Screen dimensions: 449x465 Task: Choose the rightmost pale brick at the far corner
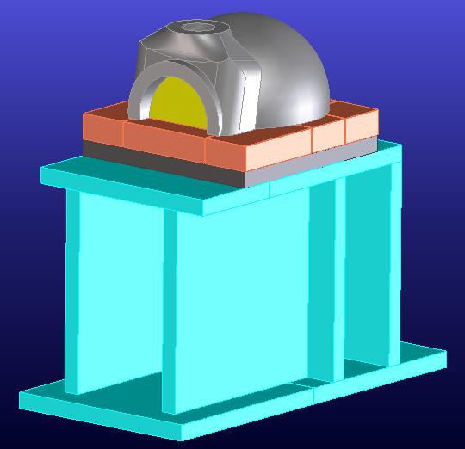[363, 127]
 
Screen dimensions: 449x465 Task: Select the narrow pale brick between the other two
[327, 136]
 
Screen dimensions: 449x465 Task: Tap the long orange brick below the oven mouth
[164, 141]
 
